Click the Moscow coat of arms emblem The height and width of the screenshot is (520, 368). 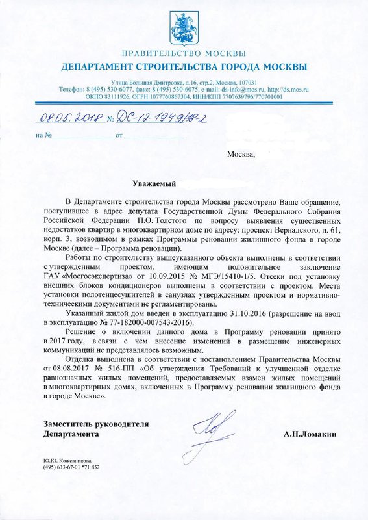[x=184, y=27]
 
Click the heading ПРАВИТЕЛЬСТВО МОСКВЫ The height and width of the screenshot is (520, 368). [x=184, y=53]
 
